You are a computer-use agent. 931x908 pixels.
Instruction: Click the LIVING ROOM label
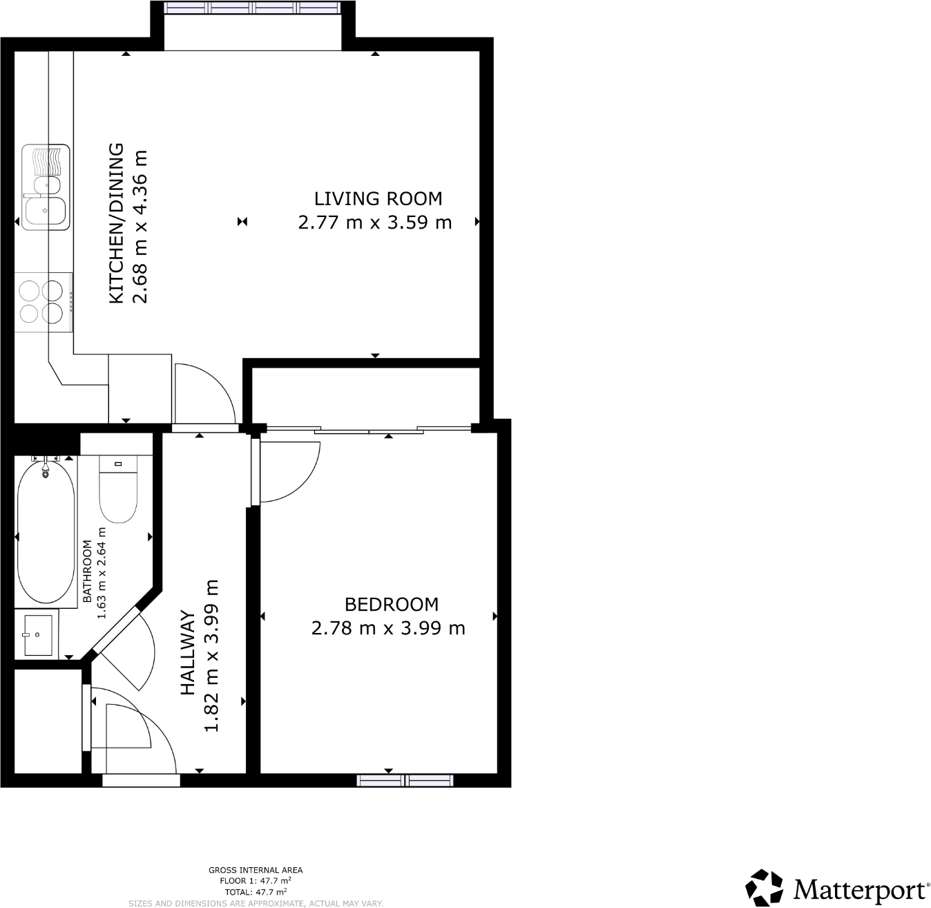pyautogui.click(x=378, y=198)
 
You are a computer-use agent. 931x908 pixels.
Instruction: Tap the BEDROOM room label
pyautogui.click(x=391, y=604)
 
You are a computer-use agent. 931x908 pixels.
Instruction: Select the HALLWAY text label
pyautogui.click(x=187, y=652)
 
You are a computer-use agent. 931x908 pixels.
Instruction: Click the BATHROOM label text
pyautogui.click(x=88, y=571)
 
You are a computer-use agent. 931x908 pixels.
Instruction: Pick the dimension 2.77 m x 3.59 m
pyautogui.click(x=374, y=223)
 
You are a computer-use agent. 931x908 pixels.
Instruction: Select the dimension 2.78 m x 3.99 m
pyautogui.click(x=388, y=628)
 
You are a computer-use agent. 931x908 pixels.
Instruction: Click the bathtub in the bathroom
pyautogui.click(x=46, y=532)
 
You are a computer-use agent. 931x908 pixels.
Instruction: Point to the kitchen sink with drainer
pyautogui.click(x=46, y=187)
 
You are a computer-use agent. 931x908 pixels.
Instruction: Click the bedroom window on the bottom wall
pyautogui.click(x=405, y=780)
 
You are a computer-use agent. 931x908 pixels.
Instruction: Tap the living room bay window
pyautogui.click(x=253, y=8)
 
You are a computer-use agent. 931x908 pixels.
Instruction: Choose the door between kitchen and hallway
pyautogui.click(x=204, y=394)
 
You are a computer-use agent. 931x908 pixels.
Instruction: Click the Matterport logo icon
pyautogui.click(x=765, y=887)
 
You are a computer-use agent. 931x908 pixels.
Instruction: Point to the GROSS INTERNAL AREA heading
pyautogui.click(x=256, y=870)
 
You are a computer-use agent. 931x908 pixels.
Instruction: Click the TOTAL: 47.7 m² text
pyautogui.click(x=256, y=891)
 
